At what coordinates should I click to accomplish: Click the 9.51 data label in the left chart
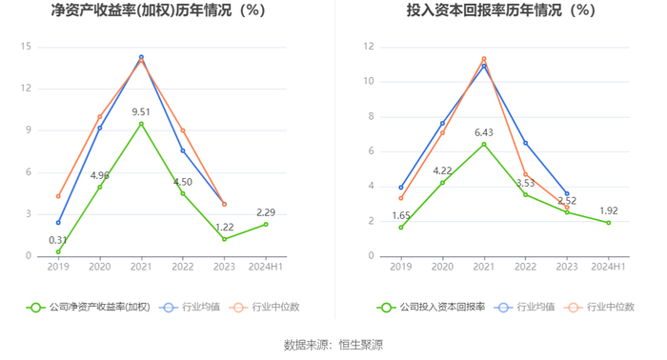[141, 111]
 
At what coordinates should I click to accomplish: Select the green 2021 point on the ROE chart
[141, 124]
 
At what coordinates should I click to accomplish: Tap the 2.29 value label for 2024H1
[266, 212]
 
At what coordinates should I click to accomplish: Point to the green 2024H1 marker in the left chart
[266, 224]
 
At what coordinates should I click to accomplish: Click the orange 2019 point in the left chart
[58, 196]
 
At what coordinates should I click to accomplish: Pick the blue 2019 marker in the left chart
[58, 222]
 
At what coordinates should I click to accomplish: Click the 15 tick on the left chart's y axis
[26, 47]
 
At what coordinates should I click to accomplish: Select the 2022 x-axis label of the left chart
[183, 267]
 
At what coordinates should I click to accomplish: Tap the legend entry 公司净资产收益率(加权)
[89, 307]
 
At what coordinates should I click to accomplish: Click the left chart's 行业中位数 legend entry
[264, 307]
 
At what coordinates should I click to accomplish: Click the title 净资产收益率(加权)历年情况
[142, 10]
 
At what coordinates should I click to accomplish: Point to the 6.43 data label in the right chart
[484, 132]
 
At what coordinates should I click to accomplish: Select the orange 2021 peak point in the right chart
[484, 59]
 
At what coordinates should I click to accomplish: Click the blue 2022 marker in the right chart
[525, 143]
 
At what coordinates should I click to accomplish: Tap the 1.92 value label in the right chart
[609, 210]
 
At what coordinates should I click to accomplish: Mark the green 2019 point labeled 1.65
[401, 228]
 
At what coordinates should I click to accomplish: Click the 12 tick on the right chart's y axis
[369, 47]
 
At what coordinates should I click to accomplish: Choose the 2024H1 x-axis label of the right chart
[609, 267]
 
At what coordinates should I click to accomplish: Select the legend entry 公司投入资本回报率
[431, 307]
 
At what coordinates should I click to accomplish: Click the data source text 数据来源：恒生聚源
[333, 345]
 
